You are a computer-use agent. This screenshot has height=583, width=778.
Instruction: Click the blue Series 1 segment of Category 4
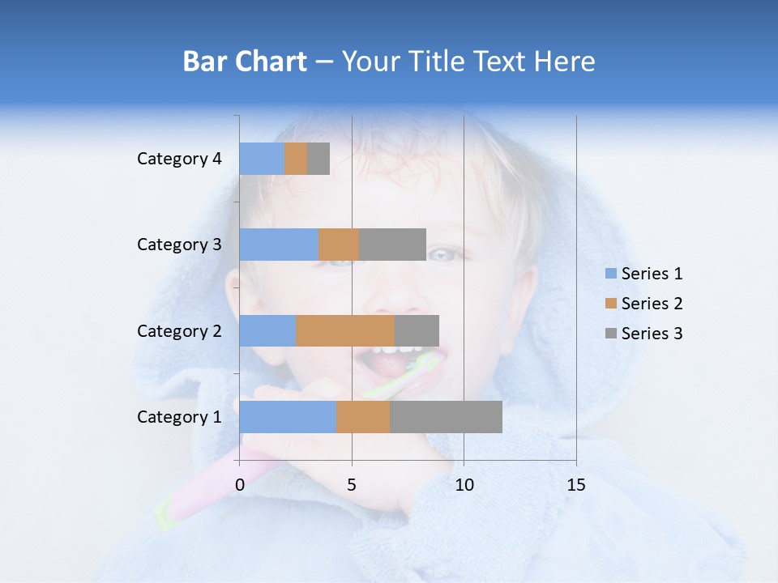point(262,159)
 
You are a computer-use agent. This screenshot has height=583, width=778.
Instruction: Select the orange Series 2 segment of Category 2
point(345,330)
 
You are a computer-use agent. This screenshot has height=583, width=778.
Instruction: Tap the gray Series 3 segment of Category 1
point(446,417)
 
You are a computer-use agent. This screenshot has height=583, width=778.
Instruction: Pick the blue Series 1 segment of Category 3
point(279,245)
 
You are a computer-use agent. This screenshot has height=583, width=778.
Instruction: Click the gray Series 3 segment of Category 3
point(392,245)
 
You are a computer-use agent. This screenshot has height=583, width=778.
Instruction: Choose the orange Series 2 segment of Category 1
point(363,417)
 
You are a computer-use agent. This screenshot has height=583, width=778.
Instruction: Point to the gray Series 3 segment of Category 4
point(318,159)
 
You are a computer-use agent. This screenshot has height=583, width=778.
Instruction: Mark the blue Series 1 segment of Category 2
point(267,330)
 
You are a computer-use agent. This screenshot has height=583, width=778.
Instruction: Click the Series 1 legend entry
point(643,274)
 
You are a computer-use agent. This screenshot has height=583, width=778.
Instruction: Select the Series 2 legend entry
point(643,304)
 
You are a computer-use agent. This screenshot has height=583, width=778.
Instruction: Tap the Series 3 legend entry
point(643,334)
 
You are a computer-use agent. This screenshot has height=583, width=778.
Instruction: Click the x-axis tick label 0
point(240,485)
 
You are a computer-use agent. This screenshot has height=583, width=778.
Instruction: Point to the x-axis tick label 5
point(352,485)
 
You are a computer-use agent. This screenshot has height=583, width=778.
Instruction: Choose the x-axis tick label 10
point(464,485)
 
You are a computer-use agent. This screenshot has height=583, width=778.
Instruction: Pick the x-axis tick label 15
point(575,485)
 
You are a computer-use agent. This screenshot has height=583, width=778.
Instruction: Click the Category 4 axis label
point(179,159)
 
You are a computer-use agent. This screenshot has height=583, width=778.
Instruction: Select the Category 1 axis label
point(179,417)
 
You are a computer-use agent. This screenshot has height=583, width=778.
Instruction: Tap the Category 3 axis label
point(179,245)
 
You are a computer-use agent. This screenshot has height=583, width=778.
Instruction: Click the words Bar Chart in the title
point(245,62)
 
